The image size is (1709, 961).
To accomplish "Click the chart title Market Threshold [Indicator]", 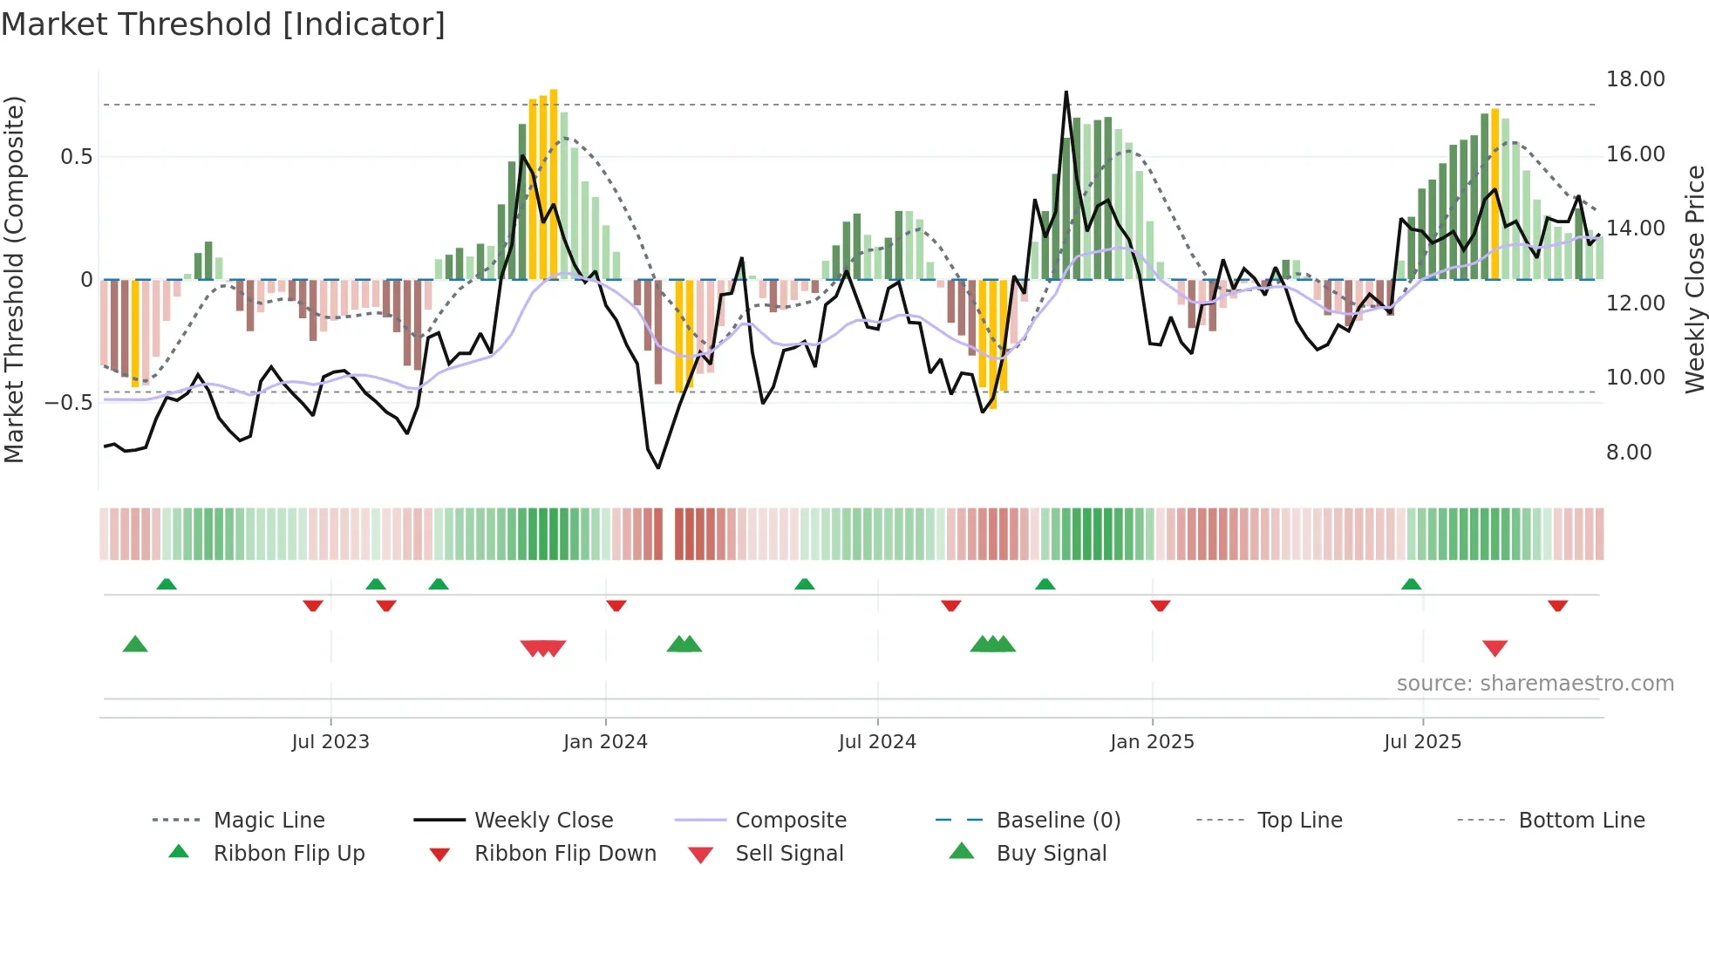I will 223,24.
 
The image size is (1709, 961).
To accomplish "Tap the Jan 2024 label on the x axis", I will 605,742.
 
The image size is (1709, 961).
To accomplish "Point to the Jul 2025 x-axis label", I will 1422,742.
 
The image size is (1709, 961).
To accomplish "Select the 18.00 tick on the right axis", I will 1635,79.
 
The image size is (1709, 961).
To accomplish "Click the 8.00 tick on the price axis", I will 1629,453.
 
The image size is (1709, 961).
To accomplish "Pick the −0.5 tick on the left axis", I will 68,403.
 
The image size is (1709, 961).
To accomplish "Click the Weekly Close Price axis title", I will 1694,279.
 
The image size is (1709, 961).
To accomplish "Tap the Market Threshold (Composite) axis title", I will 14,279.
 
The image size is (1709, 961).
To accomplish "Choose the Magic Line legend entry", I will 269,821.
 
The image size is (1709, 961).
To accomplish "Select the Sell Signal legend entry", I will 788,854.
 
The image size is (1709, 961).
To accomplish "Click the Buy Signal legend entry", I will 1051,854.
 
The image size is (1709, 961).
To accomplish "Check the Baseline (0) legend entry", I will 1058,821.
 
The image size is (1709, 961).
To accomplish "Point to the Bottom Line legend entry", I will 1581,821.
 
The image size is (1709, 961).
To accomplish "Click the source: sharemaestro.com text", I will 1535,684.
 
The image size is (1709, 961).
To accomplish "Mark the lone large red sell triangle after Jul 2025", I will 1495,648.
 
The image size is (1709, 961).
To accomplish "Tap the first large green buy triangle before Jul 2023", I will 135,644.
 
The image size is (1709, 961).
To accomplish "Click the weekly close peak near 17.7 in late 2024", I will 1066,92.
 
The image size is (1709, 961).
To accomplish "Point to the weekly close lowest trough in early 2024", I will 658,467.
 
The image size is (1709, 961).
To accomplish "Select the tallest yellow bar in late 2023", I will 554,183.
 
